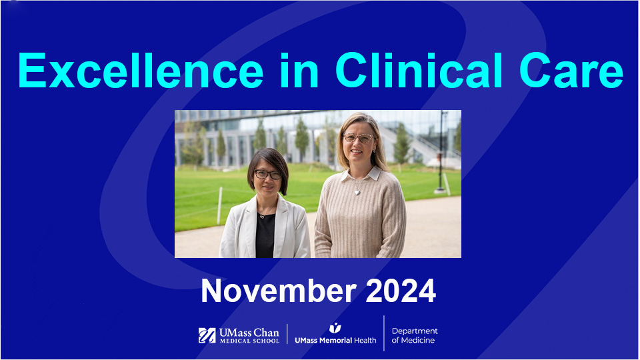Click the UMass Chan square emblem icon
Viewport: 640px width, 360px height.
point(207,335)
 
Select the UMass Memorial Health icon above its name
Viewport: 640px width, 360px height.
point(335,327)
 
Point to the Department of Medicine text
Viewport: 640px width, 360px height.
point(414,335)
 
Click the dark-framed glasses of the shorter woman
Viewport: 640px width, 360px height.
point(268,174)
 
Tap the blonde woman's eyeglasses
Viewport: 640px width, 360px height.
point(358,139)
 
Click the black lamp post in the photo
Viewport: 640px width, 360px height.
point(441,153)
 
